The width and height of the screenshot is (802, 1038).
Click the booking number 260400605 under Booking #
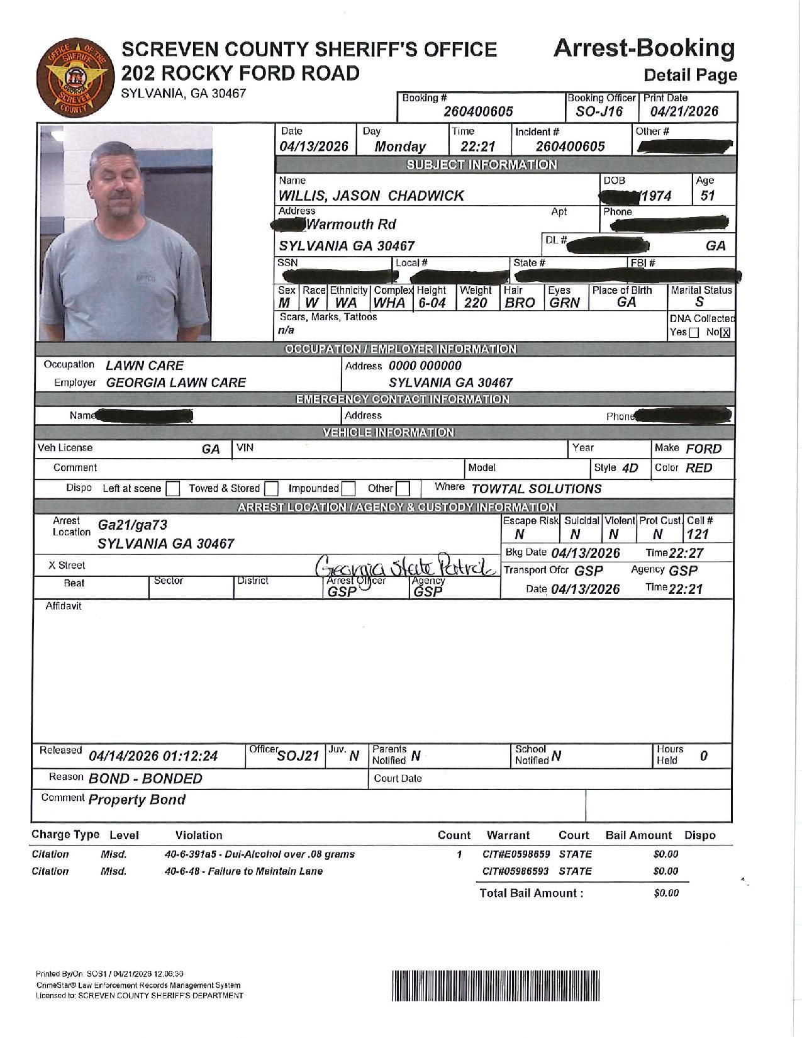(478, 112)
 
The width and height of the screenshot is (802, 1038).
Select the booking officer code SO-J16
(599, 112)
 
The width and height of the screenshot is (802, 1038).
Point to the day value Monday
(400, 147)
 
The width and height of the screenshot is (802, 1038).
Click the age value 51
(708, 196)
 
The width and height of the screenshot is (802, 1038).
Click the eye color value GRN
(564, 303)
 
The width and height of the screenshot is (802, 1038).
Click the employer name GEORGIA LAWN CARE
(176, 382)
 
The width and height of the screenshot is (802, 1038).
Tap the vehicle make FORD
(703, 449)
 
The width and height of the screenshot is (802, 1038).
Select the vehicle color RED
(699, 468)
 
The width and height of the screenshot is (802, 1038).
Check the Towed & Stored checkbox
(272, 489)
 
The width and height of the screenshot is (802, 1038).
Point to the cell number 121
(698, 535)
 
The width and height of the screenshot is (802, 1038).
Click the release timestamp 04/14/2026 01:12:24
(153, 756)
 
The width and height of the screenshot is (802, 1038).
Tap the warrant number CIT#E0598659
(516, 854)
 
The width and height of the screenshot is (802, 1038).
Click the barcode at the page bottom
(496, 986)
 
